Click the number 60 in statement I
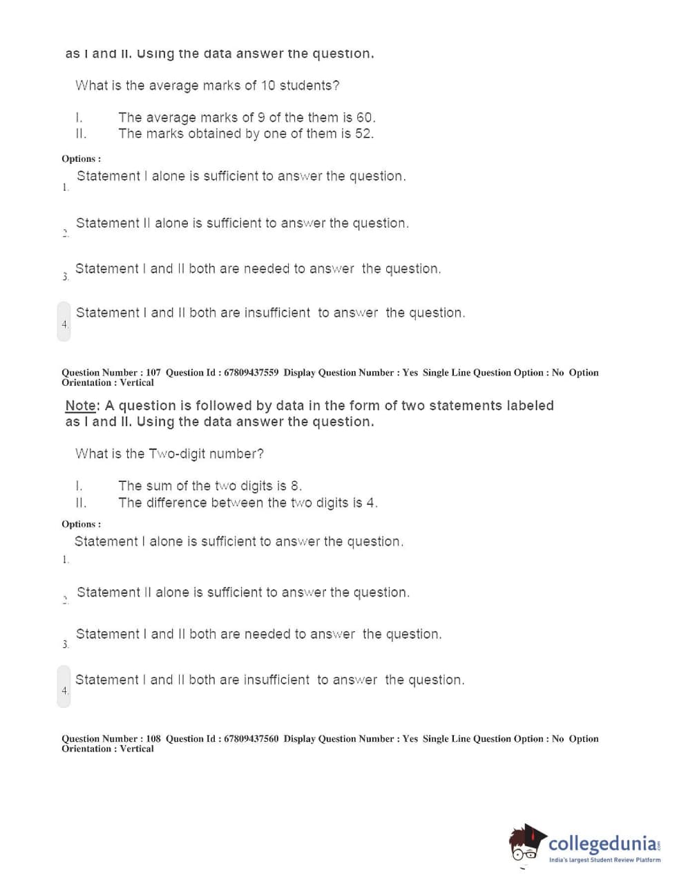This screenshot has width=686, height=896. click(365, 118)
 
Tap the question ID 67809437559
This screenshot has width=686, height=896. click(251, 373)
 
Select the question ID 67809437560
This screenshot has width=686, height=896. click(251, 739)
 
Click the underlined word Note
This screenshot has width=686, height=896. click(81, 406)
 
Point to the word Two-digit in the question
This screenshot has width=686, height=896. click(178, 454)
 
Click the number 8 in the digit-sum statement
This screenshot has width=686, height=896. click(295, 486)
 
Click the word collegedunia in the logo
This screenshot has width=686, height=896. click(602, 843)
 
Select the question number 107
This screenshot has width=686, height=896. click(153, 373)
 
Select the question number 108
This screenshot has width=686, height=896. click(153, 739)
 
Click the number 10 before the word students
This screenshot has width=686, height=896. click(267, 86)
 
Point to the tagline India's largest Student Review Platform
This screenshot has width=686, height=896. click(604, 860)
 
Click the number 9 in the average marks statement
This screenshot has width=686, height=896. click(261, 118)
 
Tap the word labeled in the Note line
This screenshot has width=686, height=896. click(530, 406)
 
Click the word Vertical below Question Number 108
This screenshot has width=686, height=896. click(137, 749)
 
